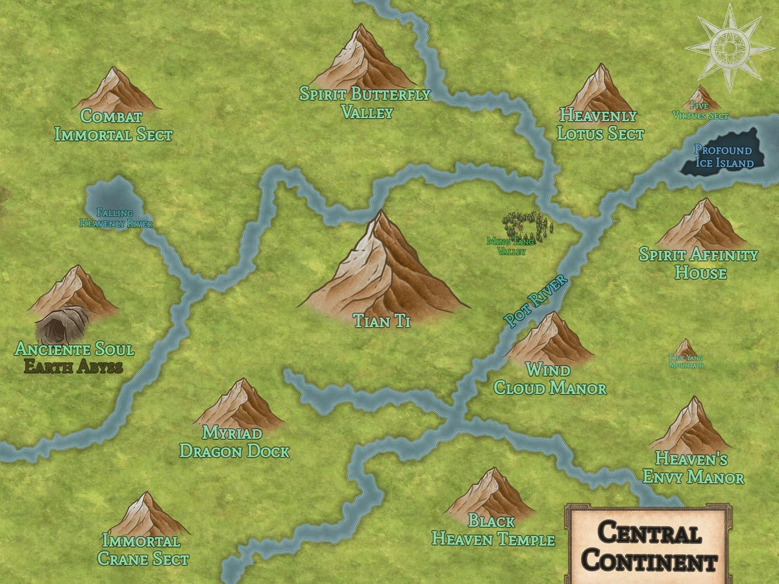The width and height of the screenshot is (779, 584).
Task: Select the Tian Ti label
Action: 382,321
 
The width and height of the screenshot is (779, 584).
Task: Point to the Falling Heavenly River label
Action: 116,218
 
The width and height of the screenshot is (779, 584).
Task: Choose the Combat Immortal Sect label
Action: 114,125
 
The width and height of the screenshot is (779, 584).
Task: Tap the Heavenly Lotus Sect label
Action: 600,125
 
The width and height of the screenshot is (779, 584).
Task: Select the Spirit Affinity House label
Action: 699,263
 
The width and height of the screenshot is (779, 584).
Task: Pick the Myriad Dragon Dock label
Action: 234,442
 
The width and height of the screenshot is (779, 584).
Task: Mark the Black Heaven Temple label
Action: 493,529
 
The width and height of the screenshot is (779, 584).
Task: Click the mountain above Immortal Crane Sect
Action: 149,515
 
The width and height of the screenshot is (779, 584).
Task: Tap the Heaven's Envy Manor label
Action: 693,468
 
